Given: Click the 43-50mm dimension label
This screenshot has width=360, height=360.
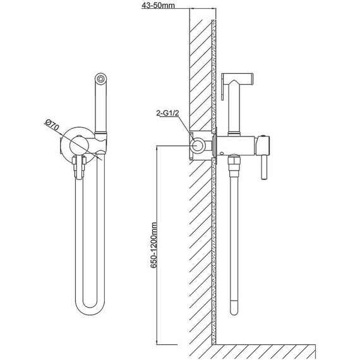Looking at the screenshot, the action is [x=158, y=5].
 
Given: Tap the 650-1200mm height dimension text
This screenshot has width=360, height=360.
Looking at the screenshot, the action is [x=153, y=245].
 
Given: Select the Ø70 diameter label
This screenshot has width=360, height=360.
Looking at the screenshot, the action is [x=52, y=124].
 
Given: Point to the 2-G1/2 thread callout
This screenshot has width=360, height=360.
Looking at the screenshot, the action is [x=167, y=113].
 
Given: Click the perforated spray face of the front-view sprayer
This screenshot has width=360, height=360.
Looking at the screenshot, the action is [x=100, y=78].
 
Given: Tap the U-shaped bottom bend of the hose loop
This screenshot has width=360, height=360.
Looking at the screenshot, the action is [x=90, y=308].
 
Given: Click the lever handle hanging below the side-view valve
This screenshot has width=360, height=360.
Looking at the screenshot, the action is [x=264, y=167].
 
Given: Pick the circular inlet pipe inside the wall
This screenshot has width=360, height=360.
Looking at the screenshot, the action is [x=198, y=146].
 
